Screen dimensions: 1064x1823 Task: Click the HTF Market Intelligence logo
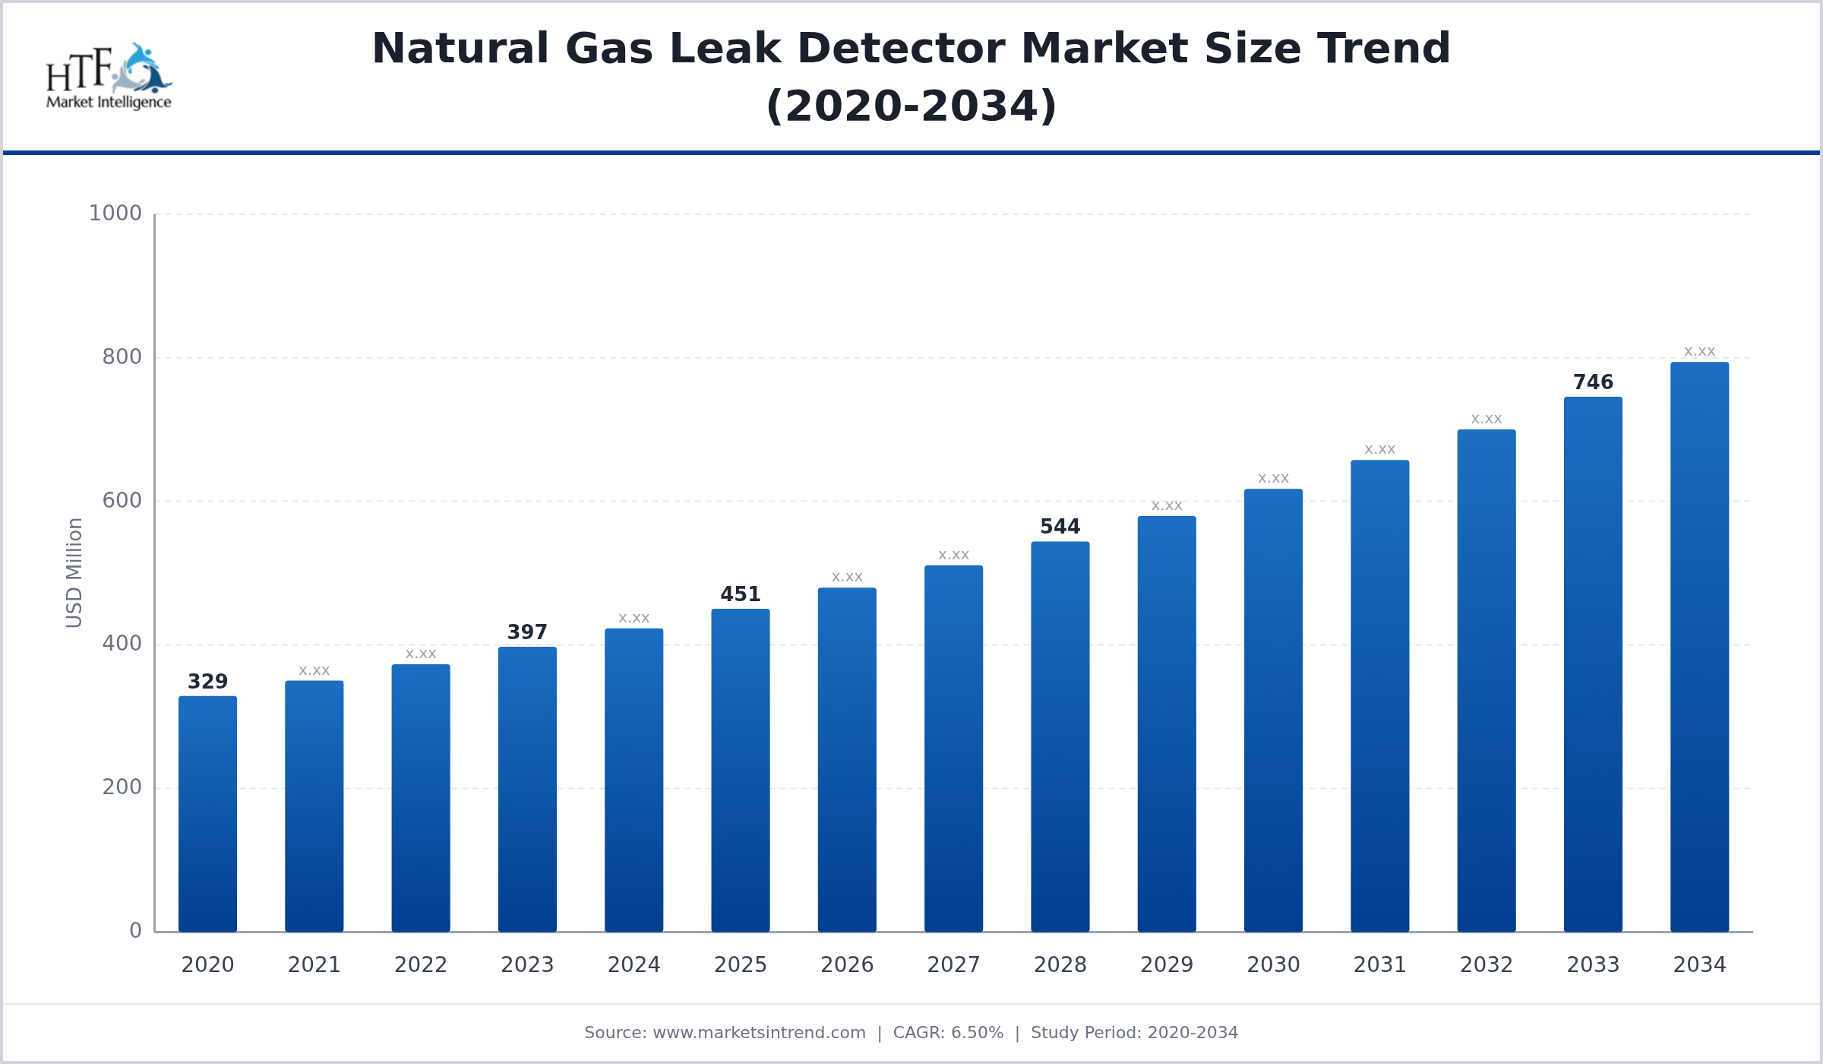coord(109,77)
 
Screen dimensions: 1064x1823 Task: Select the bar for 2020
coord(207,813)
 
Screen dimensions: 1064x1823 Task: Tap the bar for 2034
coord(1699,646)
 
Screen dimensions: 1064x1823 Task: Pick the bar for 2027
coord(953,749)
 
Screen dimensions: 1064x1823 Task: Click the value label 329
coord(207,682)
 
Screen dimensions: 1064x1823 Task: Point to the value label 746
coord(1593,382)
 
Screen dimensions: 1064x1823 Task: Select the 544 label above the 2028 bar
coord(1060,527)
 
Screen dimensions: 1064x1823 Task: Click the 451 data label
coord(741,594)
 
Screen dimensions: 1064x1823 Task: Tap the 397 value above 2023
coord(527,632)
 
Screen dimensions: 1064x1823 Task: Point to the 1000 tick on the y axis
coord(115,214)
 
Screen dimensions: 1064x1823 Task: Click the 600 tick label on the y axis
coord(122,501)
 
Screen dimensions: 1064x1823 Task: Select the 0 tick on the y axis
coord(135,931)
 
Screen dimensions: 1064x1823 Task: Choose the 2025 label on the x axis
coord(741,965)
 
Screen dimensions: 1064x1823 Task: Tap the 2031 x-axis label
coord(1379,965)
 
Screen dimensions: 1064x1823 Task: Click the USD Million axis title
coord(74,573)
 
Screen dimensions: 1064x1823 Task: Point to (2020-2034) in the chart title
coord(912,106)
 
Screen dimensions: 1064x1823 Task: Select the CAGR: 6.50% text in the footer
coord(948,1033)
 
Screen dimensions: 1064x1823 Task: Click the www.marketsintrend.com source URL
coord(759,1033)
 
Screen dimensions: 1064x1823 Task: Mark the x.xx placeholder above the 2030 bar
coord(1273,479)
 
